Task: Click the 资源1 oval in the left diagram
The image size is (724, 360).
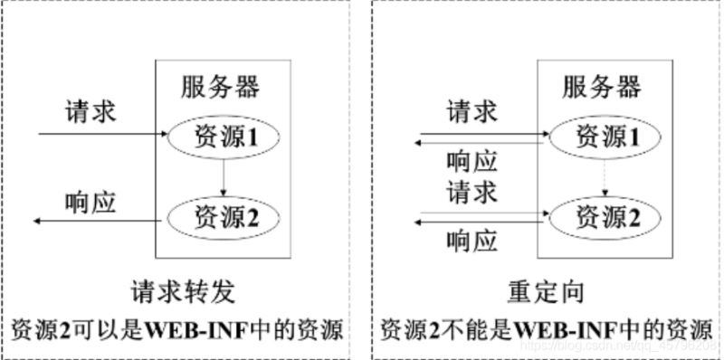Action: click(223, 137)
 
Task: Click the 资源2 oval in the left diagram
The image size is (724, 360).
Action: click(223, 216)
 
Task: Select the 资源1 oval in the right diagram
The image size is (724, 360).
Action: click(604, 137)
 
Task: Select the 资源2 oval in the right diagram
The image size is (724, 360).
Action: click(604, 216)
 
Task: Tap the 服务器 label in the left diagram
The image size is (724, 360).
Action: click(220, 88)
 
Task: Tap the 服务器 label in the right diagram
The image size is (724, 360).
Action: click(601, 88)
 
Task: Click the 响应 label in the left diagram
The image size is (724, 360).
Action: click(90, 200)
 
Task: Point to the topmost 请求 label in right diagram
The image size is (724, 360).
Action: click(472, 113)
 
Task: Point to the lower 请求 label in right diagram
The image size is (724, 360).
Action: click(472, 192)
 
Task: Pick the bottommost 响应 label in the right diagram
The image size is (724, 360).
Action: click(472, 241)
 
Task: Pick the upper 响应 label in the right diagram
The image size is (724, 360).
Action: click(472, 161)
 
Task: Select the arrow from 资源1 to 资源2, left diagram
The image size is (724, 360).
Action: click(223, 176)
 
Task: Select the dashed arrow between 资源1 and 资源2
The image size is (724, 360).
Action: click(604, 176)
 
